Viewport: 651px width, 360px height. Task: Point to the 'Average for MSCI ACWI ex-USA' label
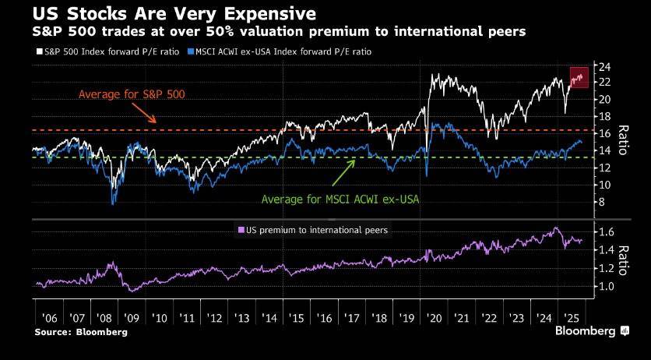(340, 199)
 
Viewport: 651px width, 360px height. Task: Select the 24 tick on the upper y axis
(602, 65)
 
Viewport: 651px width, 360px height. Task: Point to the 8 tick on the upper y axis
(600, 202)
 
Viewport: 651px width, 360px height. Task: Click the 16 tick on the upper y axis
(602, 133)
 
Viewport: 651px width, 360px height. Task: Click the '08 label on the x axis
(104, 319)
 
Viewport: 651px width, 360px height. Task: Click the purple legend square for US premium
(240, 230)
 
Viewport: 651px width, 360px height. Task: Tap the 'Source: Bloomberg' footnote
(80, 332)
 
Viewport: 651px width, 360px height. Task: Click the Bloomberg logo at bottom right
(591, 331)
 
